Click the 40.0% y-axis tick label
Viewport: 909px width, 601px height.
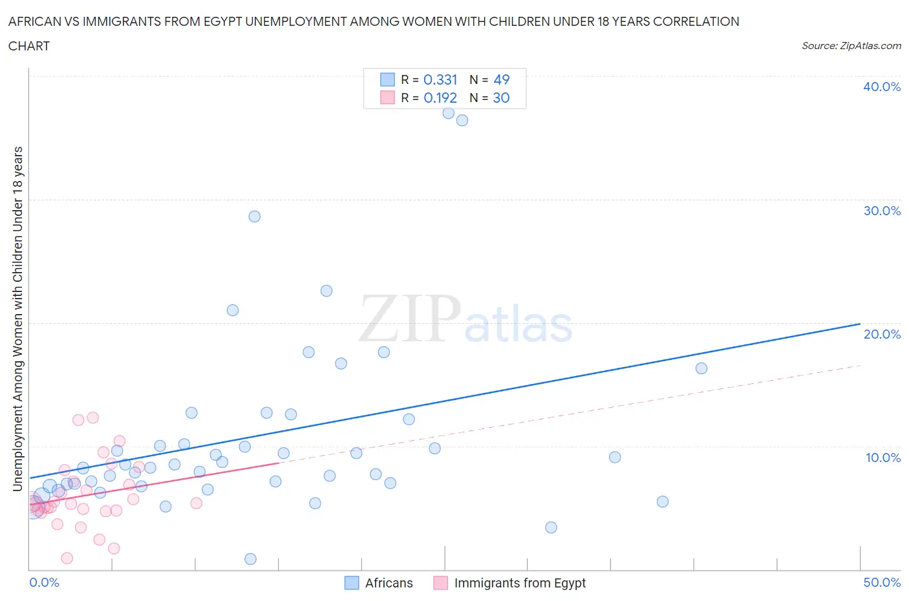[882, 87]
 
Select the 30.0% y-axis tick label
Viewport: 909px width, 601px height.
[882, 211]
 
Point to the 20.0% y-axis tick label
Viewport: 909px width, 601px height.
[882, 334]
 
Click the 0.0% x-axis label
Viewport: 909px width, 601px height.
[44, 582]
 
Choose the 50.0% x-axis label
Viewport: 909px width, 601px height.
[882, 582]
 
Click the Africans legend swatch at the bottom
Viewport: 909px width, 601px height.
[352, 583]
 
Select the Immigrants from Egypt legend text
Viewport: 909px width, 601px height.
[520, 583]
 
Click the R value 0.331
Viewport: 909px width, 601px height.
[440, 79]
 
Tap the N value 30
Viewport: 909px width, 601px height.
[501, 98]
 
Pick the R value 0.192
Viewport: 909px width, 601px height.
[440, 98]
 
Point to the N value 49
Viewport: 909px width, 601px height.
[501, 79]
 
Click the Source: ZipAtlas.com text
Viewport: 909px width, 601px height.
[851, 46]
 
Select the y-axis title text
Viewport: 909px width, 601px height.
[17, 319]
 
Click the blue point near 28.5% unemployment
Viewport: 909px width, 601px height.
[255, 216]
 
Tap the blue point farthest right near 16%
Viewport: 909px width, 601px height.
[701, 368]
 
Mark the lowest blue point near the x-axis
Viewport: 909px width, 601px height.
[251, 559]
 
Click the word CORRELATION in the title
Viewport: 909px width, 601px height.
[696, 21]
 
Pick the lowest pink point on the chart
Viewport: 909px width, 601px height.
[67, 558]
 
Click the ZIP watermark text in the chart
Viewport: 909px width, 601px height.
[409, 318]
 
